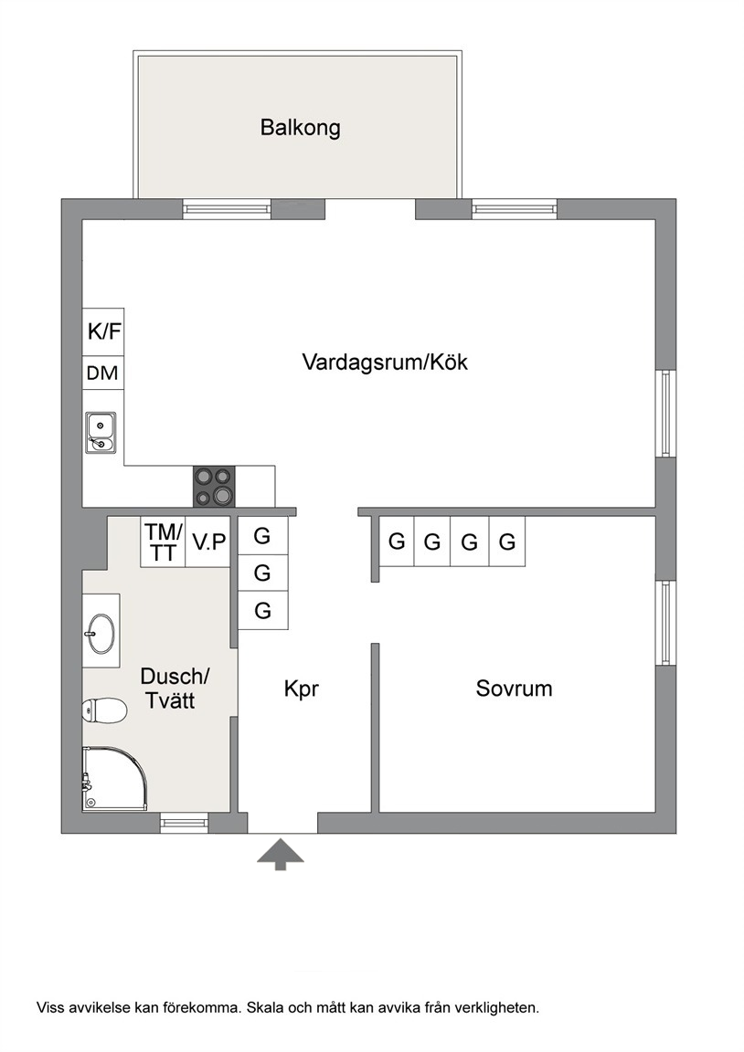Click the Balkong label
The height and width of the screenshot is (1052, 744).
pos(300,128)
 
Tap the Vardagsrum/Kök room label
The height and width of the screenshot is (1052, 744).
pos(385,363)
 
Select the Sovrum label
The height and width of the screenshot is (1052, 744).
pos(514,689)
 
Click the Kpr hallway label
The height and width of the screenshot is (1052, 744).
pos(301,689)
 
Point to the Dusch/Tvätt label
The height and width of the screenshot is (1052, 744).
pos(175,688)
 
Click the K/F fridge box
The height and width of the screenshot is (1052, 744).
pos(103,331)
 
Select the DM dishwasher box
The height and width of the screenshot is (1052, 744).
pos(103,373)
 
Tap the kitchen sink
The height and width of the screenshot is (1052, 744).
pos(101,433)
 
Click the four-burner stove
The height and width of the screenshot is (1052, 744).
pos(214,487)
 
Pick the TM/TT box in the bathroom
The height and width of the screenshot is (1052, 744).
pos(164,542)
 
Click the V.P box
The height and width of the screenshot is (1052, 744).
pos(208,542)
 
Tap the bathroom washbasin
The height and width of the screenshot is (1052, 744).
pos(101,633)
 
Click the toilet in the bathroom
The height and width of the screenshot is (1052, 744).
pos(104,710)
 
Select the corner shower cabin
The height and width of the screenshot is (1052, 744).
pos(113,779)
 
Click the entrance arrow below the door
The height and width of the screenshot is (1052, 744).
pos(281,854)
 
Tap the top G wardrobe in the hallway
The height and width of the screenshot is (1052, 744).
pos(263,535)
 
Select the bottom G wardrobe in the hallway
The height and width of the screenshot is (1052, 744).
pos(263,611)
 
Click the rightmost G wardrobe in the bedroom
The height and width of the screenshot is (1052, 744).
pos(507,541)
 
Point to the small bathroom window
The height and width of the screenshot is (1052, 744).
pos(184,822)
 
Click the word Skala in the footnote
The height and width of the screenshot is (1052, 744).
pos(262,1007)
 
